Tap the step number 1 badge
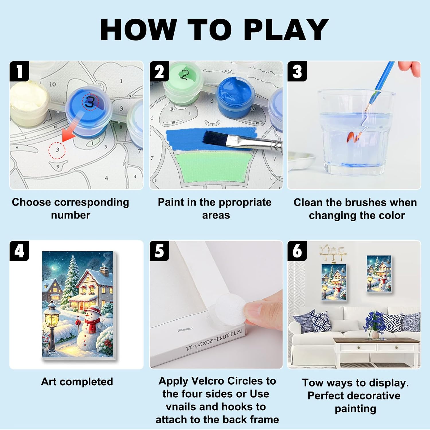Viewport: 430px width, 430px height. (x=19, y=71)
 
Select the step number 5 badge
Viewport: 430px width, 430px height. (x=159, y=251)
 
